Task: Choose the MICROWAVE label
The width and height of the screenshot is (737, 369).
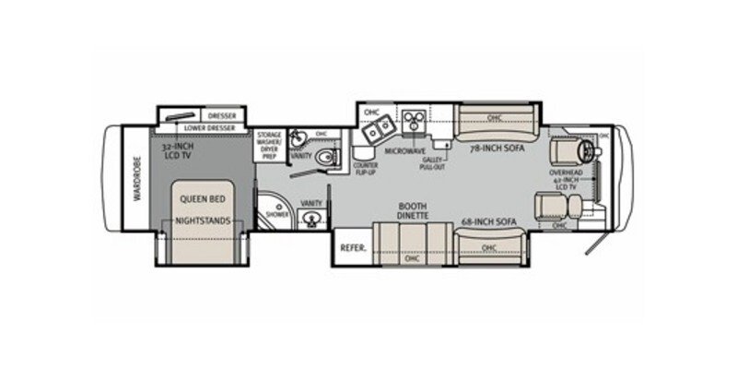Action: point(404,149)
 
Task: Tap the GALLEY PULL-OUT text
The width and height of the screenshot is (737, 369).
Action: point(432,162)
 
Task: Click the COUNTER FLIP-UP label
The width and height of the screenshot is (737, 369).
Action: point(364,169)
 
